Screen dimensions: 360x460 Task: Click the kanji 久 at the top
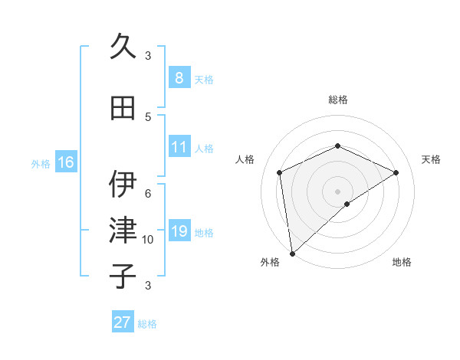pyautogui.click(x=123, y=47)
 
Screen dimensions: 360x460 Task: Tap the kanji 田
pyautogui.click(x=123, y=108)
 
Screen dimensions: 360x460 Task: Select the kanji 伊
pyautogui.click(x=123, y=184)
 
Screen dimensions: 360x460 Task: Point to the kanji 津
pyautogui.click(x=123, y=230)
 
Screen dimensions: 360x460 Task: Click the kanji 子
pyautogui.click(x=123, y=276)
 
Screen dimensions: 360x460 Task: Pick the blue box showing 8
pyautogui.click(x=179, y=78)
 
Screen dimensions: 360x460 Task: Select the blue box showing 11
pyautogui.click(x=179, y=147)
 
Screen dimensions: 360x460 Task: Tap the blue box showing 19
pyautogui.click(x=179, y=231)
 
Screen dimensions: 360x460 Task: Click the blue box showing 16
pyautogui.click(x=65, y=162)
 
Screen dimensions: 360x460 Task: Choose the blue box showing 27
pyautogui.click(x=123, y=322)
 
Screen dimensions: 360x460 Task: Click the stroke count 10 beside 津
pyautogui.click(x=148, y=240)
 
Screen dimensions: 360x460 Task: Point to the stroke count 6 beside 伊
pyautogui.click(x=148, y=193)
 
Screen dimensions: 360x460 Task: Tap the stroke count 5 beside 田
pyautogui.click(x=148, y=116)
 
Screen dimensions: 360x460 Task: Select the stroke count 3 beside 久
pyautogui.click(x=148, y=56)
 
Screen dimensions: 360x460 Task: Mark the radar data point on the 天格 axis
pyautogui.click(x=396, y=172)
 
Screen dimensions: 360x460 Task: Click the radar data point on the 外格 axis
pyautogui.click(x=292, y=254)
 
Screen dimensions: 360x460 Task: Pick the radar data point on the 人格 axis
pyautogui.click(x=280, y=172)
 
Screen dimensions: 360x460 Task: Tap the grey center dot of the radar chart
pyautogui.click(x=337, y=191)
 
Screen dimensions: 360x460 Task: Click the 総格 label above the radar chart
pyautogui.click(x=338, y=100)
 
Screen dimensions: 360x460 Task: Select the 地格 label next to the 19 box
pyautogui.click(x=205, y=233)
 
